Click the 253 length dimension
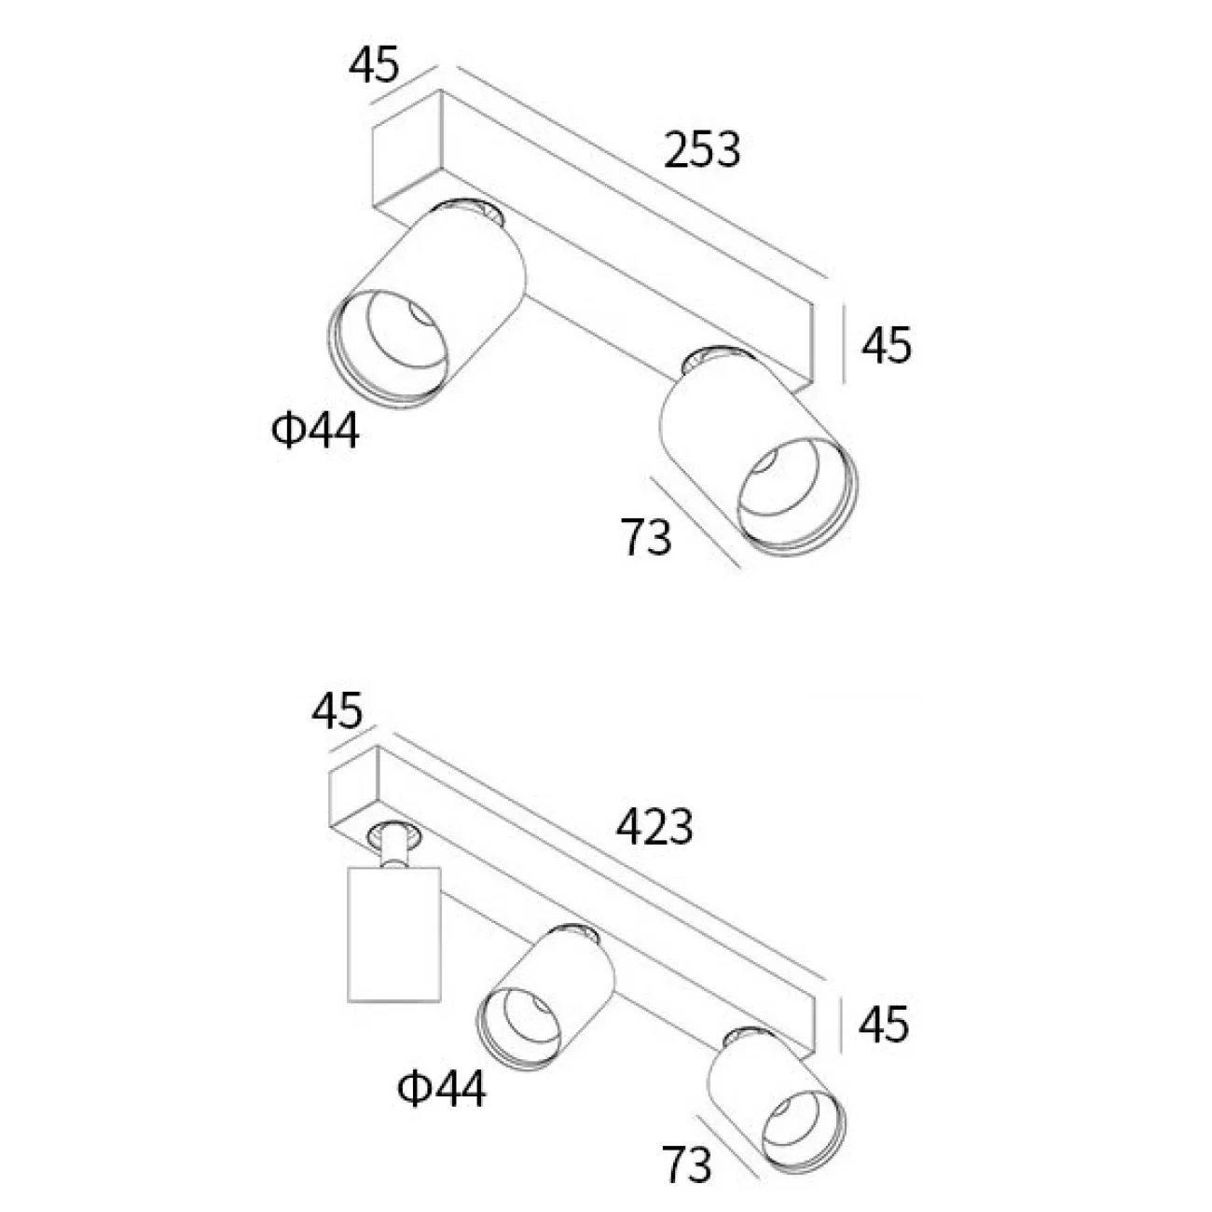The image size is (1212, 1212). point(702,149)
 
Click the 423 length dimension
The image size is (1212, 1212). point(654,826)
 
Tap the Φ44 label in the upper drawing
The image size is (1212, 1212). point(316,433)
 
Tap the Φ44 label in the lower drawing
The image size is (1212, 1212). point(441,1088)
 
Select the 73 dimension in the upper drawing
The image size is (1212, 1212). point(646,537)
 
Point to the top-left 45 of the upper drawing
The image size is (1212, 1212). point(374,64)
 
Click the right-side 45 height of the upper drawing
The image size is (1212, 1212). point(886,346)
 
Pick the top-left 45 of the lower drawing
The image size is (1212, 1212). point(337,712)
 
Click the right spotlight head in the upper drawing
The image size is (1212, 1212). point(757,457)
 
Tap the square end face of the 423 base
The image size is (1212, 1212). point(354,798)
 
